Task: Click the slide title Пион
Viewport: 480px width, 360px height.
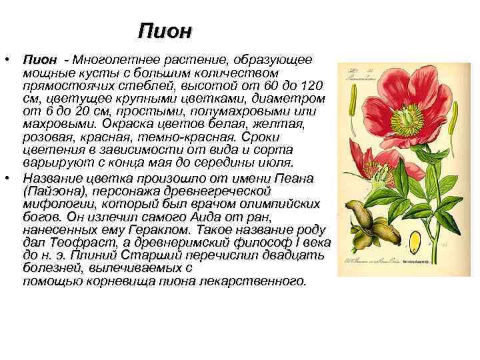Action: pyautogui.click(x=165, y=31)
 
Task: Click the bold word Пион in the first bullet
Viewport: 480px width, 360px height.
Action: pyautogui.click(x=37, y=60)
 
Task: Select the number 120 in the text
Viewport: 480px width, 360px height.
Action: pyautogui.click(x=311, y=86)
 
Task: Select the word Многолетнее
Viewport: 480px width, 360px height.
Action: pyautogui.click(x=112, y=60)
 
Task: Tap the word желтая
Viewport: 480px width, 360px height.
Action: pyautogui.click(x=280, y=125)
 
